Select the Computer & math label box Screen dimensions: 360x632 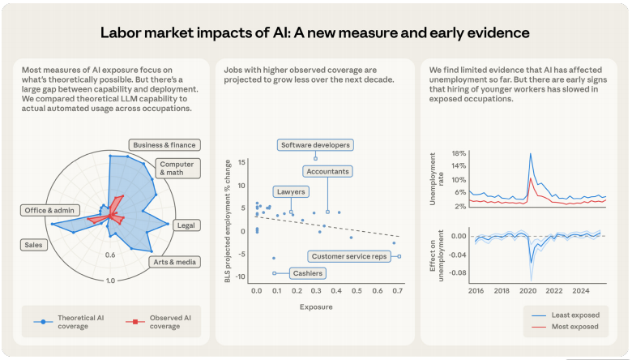[176, 168]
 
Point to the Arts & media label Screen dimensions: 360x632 [174, 262]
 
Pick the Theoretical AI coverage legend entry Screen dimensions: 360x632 [70, 321]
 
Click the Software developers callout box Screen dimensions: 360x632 [315, 145]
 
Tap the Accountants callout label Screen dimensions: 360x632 [327, 172]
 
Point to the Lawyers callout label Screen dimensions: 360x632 [290, 192]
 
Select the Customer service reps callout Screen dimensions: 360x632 [350, 256]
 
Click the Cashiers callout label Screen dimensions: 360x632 [307, 273]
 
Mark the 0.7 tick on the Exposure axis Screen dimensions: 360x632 [395, 289]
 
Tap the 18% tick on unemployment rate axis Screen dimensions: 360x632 [459, 153]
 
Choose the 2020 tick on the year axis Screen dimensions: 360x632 [528, 289]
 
